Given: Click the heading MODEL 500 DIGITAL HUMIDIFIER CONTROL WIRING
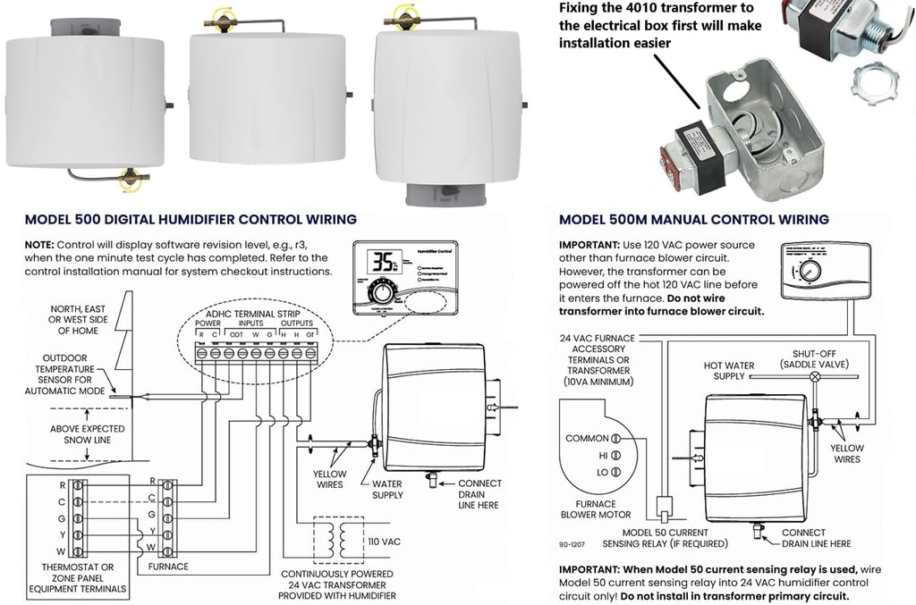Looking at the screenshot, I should [191, 219].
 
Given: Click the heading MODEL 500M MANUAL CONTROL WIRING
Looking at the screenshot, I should [693, 219].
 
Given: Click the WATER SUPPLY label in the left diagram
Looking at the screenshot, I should [387, 489].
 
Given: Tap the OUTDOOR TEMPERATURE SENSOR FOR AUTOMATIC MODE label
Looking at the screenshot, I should [77, 374].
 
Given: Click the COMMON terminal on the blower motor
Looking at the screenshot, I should [615, 439].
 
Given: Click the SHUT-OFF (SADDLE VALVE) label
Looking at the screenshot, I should [813, 359].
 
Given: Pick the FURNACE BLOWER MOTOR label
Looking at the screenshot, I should [596, 509].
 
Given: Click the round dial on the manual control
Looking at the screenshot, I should [811, 271].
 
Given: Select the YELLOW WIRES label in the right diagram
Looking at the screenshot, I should [845, 453].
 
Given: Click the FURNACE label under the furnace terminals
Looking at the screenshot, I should [169, 567].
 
